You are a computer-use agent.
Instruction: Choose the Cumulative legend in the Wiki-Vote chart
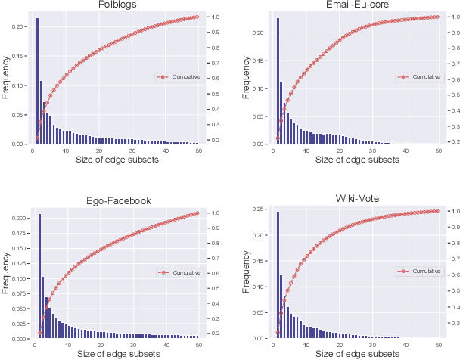[417, 272]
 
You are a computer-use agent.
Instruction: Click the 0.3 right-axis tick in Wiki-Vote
[452, 323]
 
